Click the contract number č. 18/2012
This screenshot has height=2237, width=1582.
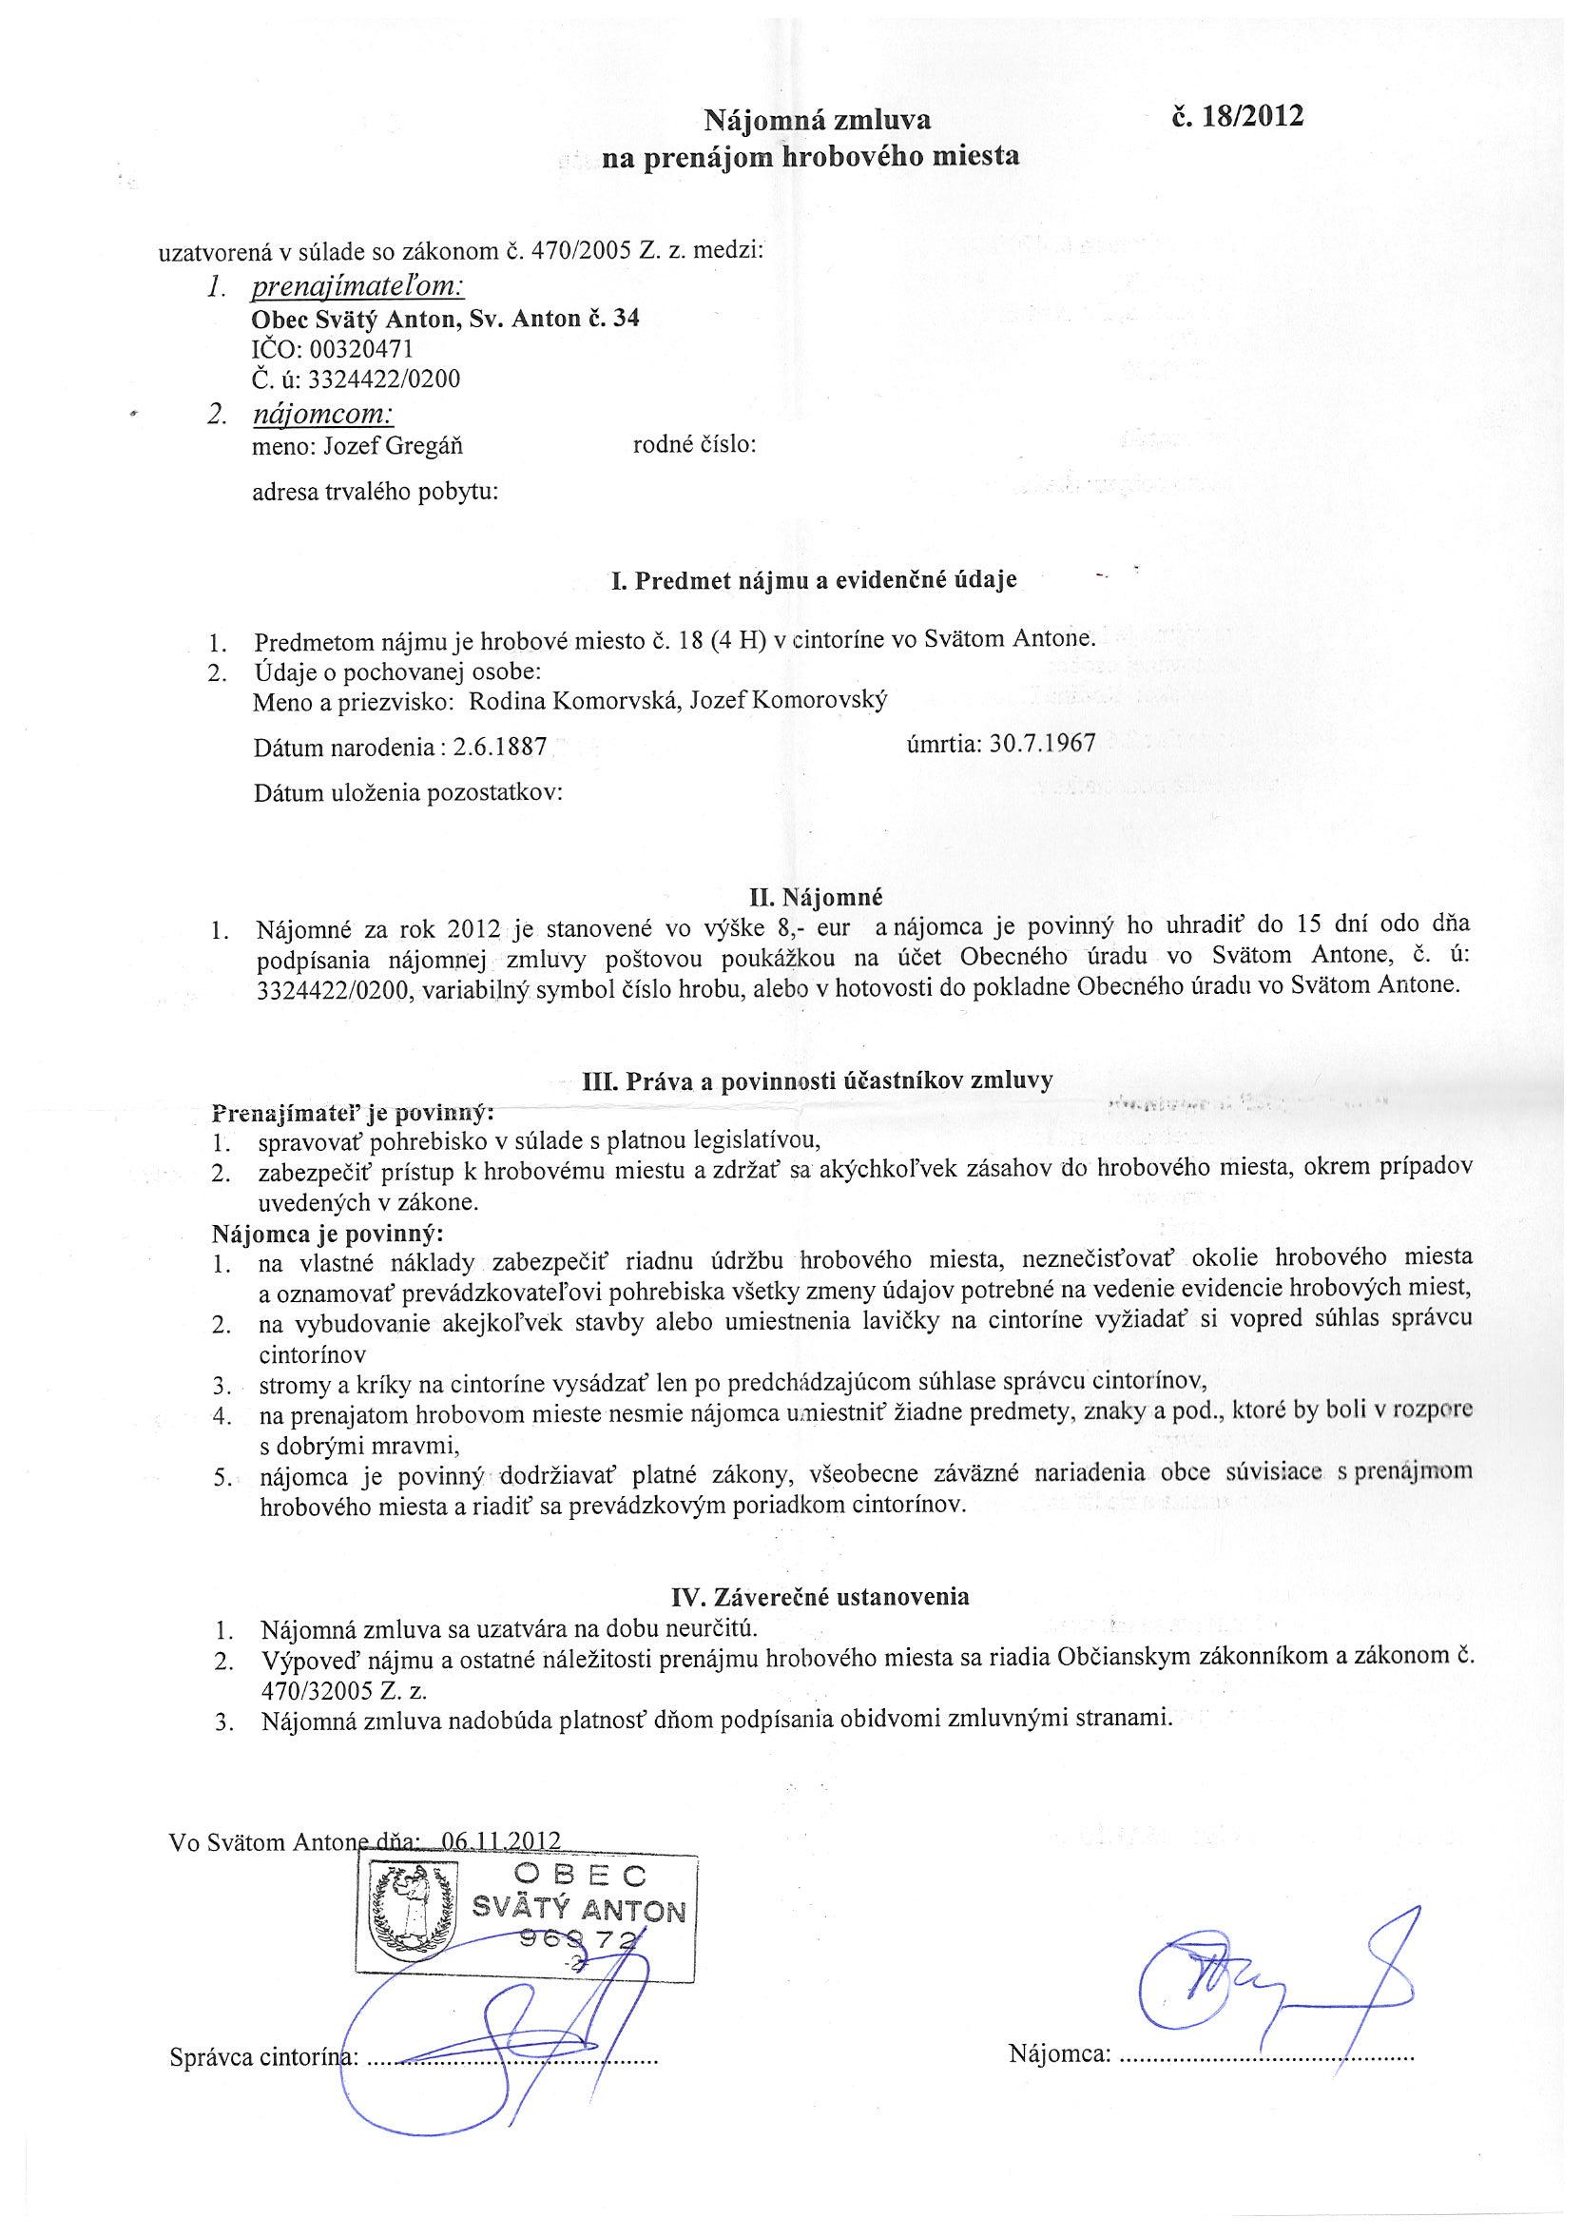tap(1237, 117)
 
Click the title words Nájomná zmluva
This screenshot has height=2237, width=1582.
tap(818, 120)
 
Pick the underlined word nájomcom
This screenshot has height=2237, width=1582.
tap(322, 415)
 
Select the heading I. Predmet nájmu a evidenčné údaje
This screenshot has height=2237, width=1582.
tap(814, 581)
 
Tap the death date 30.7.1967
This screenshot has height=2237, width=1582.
tap(1042, 744)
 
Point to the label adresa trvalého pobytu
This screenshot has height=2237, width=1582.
tap(375, 492)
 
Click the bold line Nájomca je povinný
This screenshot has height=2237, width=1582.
tap(327, 1233)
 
